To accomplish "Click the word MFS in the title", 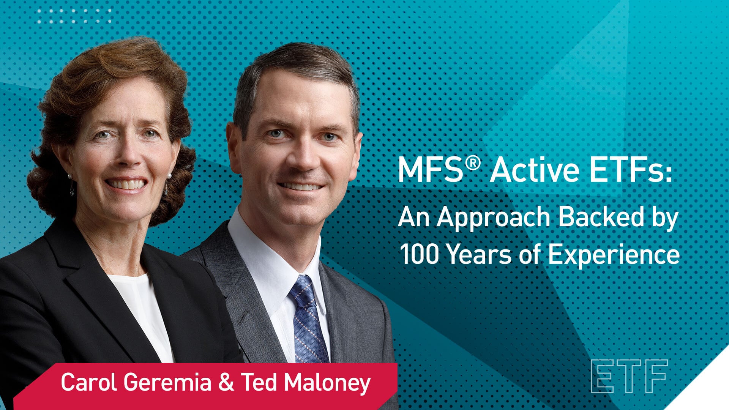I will [430, 171].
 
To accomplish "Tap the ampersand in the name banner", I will [226, 382].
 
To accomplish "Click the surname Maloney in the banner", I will [327, 383].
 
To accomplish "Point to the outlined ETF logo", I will [629, 376].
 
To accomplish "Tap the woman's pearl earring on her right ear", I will [70, 177].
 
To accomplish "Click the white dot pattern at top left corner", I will [74, 16].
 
